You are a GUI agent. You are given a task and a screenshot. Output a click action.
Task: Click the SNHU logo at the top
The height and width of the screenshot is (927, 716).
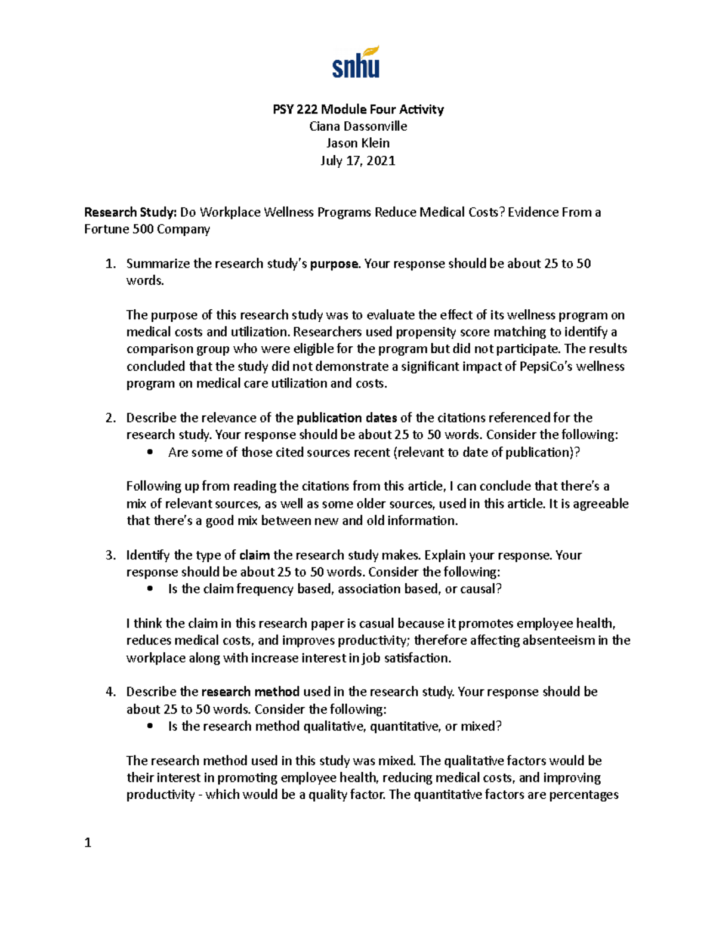356,63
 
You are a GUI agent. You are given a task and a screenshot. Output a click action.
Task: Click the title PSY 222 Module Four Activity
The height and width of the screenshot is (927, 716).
358,109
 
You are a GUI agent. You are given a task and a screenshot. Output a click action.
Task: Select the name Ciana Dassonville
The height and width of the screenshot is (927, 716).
358,127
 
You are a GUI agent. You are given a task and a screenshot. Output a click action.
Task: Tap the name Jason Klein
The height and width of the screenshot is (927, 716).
358,143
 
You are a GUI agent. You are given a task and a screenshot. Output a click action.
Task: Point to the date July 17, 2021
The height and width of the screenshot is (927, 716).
358,161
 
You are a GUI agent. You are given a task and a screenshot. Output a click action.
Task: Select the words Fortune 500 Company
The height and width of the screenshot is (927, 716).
147,230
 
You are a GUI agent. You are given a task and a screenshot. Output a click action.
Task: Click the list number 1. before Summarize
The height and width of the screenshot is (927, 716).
110,264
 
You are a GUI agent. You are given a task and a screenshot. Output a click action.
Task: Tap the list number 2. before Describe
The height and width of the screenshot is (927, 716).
110,418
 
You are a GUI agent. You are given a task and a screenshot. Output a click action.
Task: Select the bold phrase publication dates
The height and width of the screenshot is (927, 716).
347,418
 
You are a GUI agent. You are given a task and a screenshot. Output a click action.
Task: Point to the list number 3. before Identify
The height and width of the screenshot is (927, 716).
110,555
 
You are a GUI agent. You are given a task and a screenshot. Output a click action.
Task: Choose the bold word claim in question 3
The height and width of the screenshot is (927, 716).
254,555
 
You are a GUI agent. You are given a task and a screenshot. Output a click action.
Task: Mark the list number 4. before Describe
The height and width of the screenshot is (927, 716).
110,692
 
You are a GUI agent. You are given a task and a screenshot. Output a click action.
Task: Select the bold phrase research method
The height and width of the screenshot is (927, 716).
251,692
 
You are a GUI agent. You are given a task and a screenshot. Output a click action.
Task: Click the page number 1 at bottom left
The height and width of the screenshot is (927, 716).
88,843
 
